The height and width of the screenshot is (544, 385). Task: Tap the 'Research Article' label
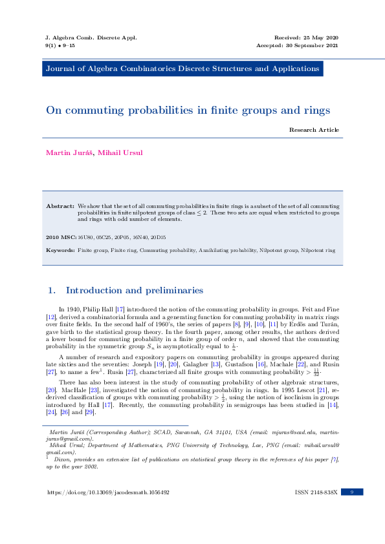314,130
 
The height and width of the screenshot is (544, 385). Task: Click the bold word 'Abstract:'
60,205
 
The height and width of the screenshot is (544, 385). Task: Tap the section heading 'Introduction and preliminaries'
135,290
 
